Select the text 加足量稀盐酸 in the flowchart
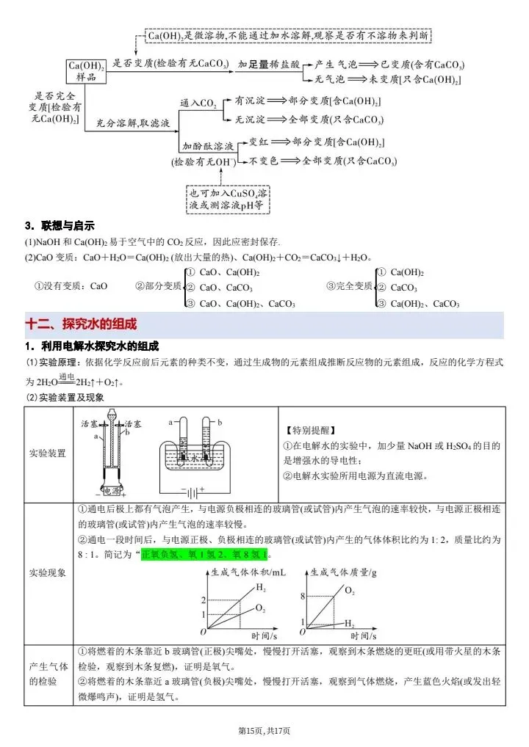(x=269, y=64)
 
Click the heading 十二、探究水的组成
(x=82, y=324)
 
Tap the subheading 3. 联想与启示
(x=60, y=225)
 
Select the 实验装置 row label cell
(x=48, y=453)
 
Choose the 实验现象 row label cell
(x=48, y=572)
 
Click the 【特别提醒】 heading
(x=308, y=430)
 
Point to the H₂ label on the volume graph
(x=261, y=587)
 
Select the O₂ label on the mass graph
(x=350, y=590)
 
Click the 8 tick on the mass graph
(x=303, y=597)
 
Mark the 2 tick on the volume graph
(x=204, y=601)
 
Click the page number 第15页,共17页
(x=264, y=731)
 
